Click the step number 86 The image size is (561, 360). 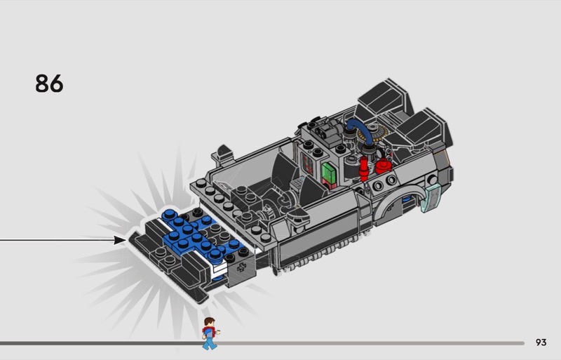click(x=49, y=84)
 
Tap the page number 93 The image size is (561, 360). click(x=541, y=342)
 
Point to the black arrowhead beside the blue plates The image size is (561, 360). click(x=120, y=240)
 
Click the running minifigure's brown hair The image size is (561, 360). click(x=209, y=321)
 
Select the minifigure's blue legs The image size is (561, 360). click(x=209, y=342)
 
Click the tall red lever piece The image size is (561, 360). click(x=364, y=168)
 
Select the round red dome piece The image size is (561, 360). click(x=384, y=166)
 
